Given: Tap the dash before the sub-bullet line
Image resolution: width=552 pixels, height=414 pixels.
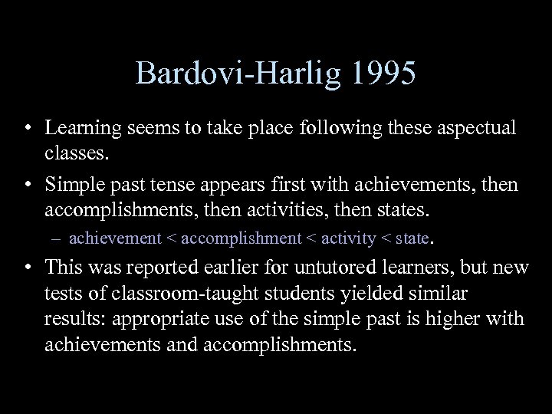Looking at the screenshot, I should tap(59, 238).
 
